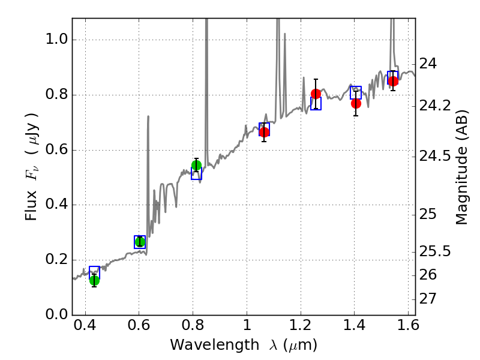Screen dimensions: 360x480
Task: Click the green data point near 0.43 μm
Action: pos(94,280)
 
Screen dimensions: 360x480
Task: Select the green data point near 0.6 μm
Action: pos(140,242)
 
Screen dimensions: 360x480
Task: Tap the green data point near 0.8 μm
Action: pos(196,166)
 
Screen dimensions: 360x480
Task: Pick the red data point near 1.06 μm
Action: pos(264,132)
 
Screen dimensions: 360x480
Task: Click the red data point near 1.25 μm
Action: pos(316,94)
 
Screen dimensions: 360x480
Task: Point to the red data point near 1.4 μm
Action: pos(356,103)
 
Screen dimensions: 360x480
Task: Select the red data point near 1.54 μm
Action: pos(393,81)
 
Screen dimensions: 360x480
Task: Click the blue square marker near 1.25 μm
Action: pos(316,104)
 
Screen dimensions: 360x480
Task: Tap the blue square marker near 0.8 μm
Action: pos(196,174)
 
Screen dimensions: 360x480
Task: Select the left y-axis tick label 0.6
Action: pos(56,150)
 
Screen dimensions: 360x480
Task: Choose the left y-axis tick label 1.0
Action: pos(56,40)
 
